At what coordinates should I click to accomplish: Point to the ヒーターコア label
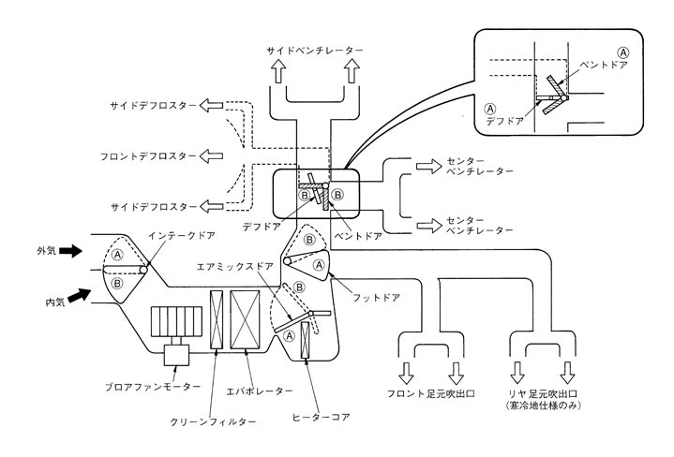[322, 416]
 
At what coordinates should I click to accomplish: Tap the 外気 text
[46, 251]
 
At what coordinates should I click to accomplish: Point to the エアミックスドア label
[233, 266]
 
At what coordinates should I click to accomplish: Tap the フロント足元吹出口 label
[432, 394]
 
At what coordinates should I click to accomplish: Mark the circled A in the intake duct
[117, 254]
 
